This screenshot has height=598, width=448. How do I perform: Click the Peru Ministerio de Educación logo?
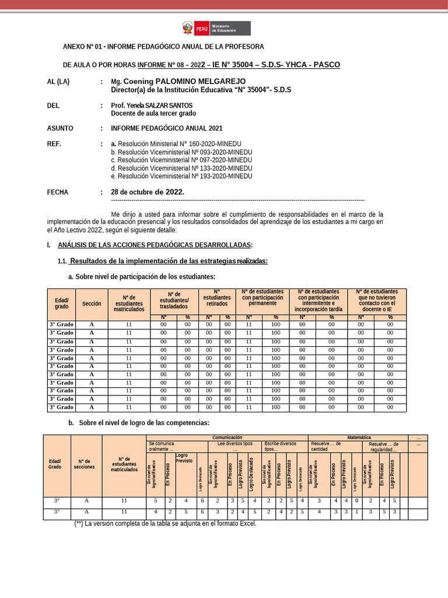tap(214, 29)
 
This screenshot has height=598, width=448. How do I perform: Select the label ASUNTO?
tap(61, 128)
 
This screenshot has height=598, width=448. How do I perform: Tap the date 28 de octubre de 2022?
tap(148, 192)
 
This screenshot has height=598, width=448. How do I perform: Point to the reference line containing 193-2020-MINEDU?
tap(181, 176)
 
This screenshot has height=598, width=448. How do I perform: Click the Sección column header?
tap(92, 304)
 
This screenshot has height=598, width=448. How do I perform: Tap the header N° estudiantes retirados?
tap(216, 298)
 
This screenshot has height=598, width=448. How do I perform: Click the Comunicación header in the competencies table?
tap(227, 437)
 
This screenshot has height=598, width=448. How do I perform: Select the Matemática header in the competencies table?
tap(359, 437)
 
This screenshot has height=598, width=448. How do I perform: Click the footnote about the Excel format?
tap(165, 523)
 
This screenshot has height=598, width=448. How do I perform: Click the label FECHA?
tap(58, 192)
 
